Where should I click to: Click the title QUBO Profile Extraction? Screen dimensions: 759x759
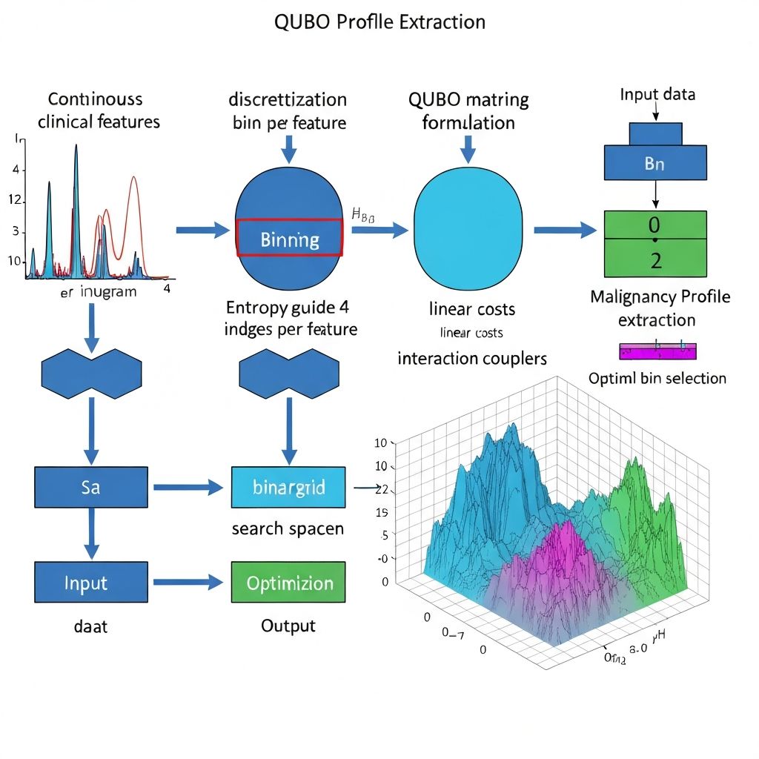(379, 21)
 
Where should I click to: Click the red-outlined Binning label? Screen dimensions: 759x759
(289, 239)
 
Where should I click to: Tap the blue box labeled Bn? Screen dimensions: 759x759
(654, 163)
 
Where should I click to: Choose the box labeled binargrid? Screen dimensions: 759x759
(288, 487)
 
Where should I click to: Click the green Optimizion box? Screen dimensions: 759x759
(288, 582)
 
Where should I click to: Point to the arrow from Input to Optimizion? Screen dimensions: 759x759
(188, 583)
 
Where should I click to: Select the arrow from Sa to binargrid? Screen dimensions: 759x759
(188, 488)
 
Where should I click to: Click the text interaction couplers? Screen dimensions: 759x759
(471, 359)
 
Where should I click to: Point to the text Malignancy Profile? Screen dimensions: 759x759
(660, 297)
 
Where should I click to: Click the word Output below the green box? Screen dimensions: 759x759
(288, 626)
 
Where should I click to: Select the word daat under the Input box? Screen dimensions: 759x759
(90, 626)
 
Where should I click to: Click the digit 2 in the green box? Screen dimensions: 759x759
(654, 259)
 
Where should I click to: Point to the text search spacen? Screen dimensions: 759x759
(288, 529)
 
